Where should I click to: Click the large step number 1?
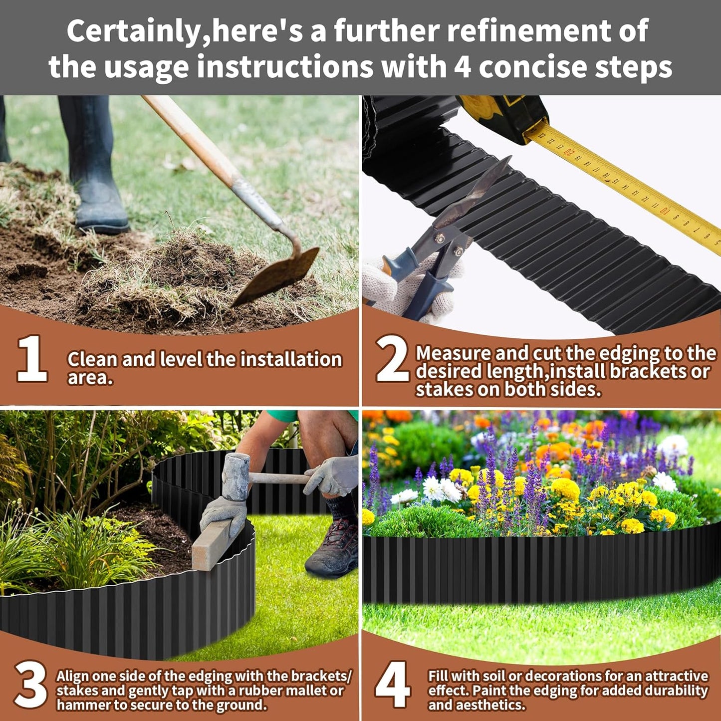coord(32,359)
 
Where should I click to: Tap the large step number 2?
coord(392,359)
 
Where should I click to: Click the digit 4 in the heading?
coord(463,67)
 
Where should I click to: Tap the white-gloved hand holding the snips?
coord(399,289)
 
